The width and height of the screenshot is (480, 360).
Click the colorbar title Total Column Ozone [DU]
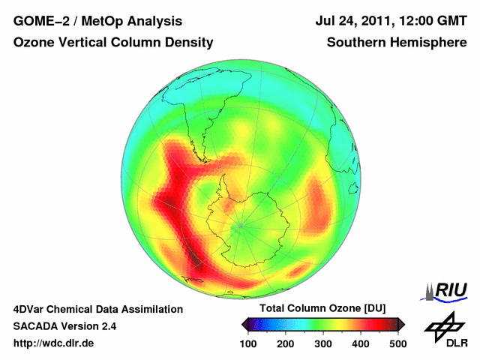(x=322, y=309)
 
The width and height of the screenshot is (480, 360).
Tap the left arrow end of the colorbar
(x=245, y=324)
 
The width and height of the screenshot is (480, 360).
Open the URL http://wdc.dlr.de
(x=54, y=343)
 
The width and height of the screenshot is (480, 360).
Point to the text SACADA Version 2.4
(x=64, y=326)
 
